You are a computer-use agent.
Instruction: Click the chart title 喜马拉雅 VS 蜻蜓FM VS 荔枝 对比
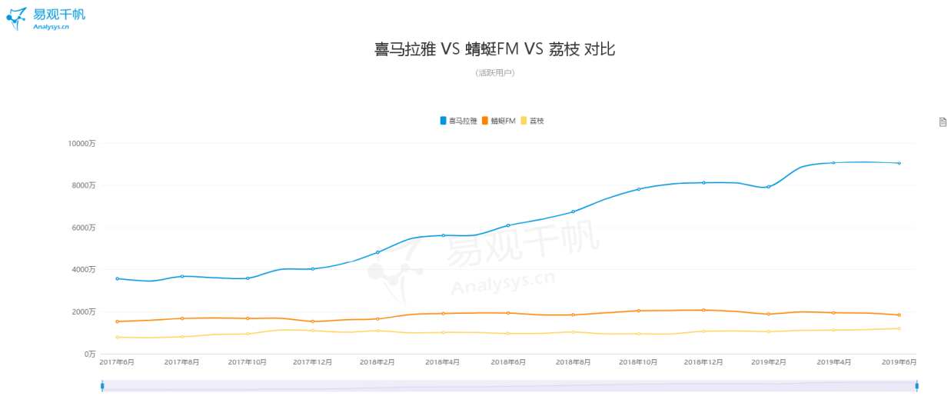click(x=494, y=49)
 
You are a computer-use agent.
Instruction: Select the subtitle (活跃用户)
click(x=495, y=73)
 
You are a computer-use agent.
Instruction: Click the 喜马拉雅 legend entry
click(x=458, y=121)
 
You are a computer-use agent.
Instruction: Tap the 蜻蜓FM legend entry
click(x=499, y=121)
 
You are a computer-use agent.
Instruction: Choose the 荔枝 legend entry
click(x=532, y=121)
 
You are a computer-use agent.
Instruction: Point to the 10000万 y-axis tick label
click(x=81, y=144)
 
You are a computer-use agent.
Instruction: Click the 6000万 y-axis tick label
click(x=84, y=228)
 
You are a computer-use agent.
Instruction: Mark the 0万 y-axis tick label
click(x=90, y=354)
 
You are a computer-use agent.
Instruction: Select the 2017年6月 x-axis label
click(x=117, y=362)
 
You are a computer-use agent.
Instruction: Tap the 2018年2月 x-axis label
click(x=377, y=362)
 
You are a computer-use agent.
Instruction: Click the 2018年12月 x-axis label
click(x=703, y=362)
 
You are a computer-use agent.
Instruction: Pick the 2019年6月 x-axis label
click(x=899, y=362)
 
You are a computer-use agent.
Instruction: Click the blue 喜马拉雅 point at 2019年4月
click(x=833, y=163)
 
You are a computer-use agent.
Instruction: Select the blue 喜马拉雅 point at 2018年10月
click(x=639, y=189)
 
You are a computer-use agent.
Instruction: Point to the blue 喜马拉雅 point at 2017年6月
click(x=117, y=278)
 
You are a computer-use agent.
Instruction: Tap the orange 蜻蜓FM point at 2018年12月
click(x=703, y=310)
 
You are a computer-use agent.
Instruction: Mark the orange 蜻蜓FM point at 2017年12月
click(x=313, y=321)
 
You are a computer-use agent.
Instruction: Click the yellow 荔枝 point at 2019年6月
click(x=899, y=328)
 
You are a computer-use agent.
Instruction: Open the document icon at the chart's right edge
click(x=943, y=122)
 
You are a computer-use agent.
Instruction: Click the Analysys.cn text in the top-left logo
click(x=51, y=27)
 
